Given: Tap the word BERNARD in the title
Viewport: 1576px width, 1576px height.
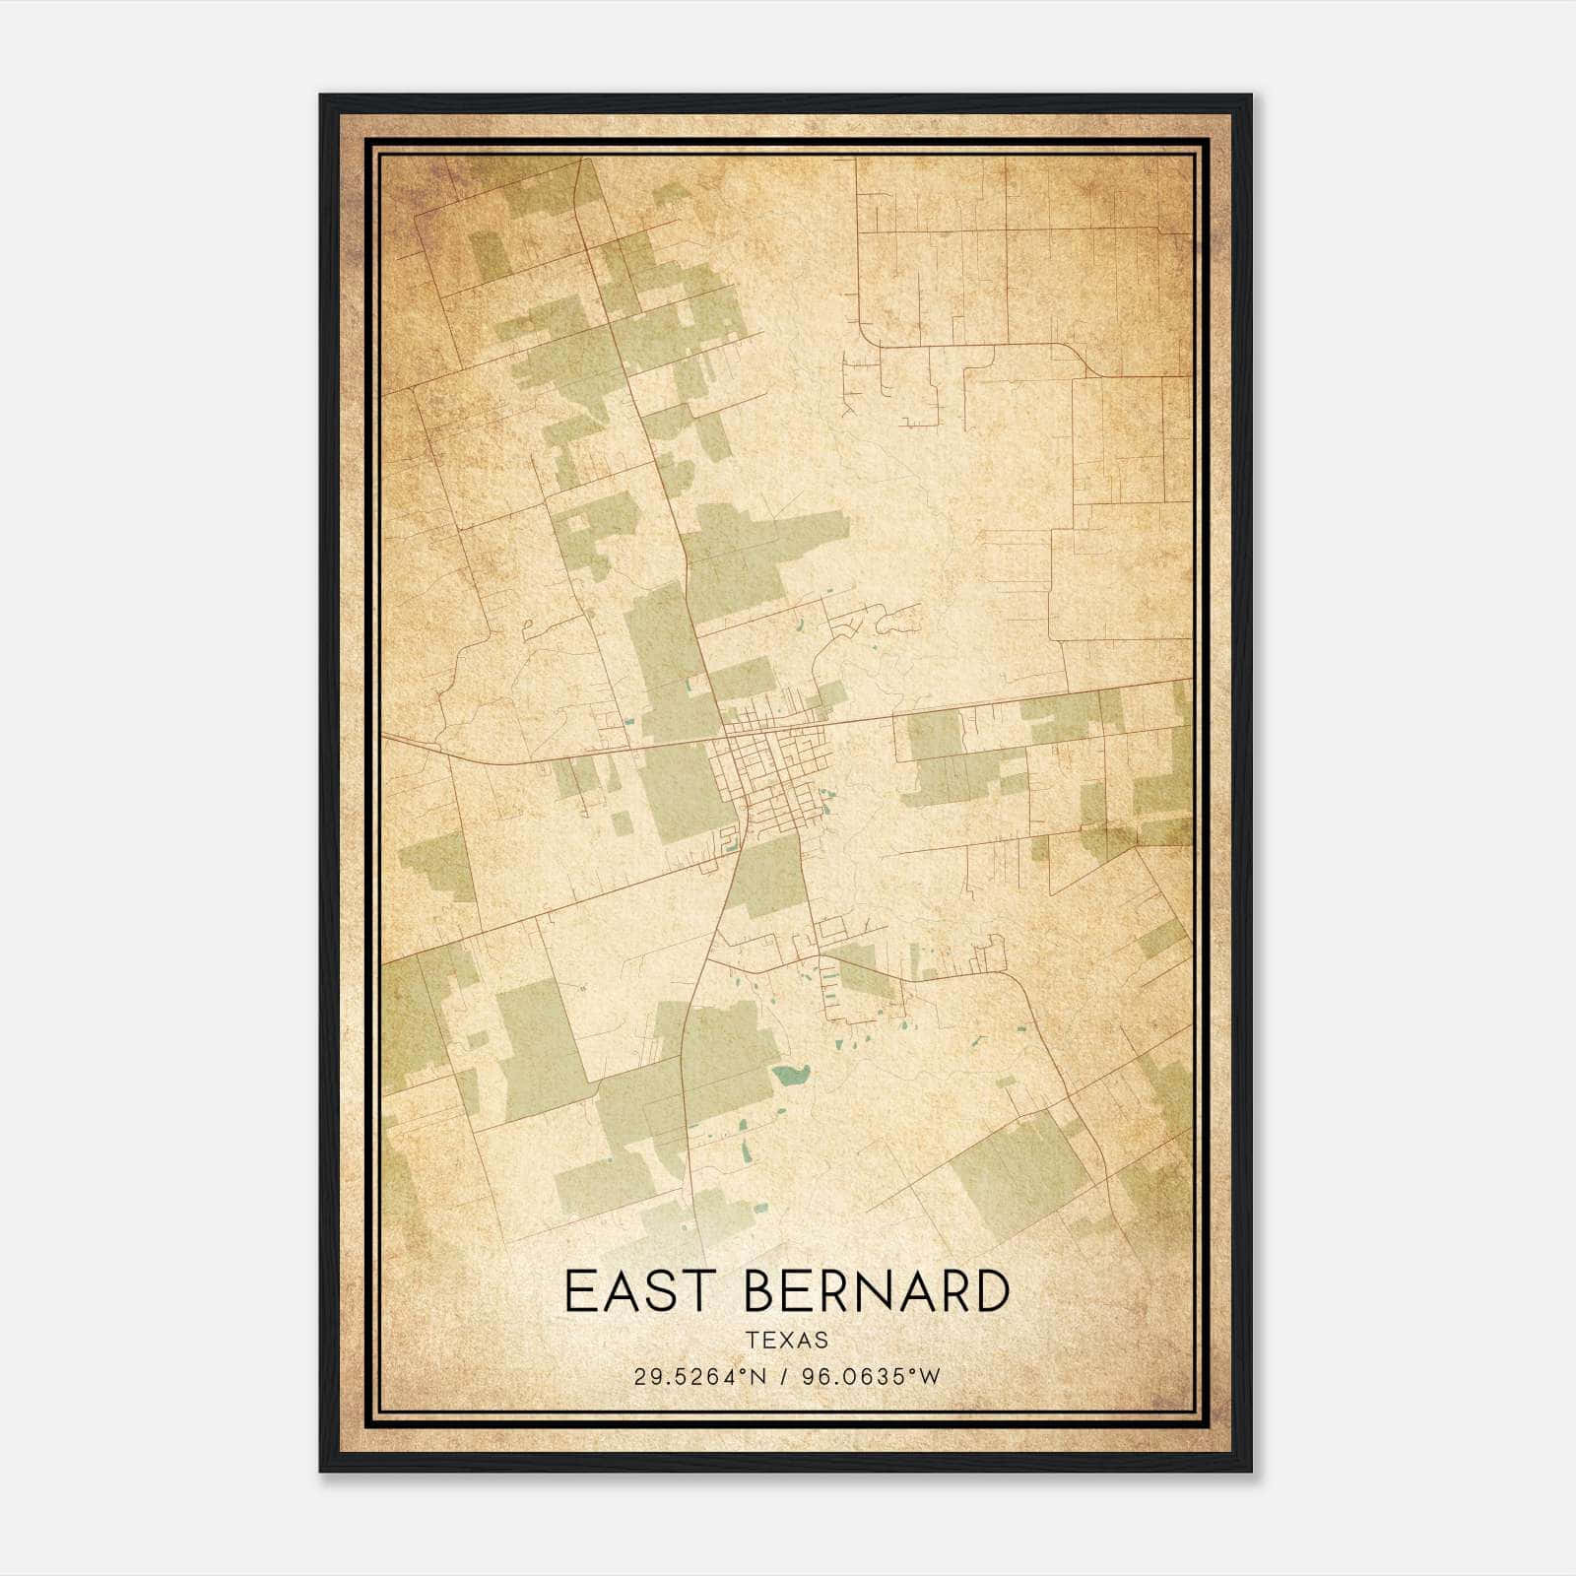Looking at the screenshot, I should (x=877, y=1290).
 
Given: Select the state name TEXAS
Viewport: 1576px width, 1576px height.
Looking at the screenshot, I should (x=787, y=1340).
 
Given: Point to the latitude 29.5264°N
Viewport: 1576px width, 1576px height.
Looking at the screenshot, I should (x=699, y=1377).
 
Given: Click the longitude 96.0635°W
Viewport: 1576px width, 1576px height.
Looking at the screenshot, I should (x=871, y=1377).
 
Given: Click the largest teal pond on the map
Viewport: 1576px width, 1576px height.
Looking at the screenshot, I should (x=790, y=1074).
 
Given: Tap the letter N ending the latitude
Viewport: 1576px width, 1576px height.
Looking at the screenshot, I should (x=758, y=1377).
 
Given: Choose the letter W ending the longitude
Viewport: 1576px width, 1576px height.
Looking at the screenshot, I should (x=931, y=1377).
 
